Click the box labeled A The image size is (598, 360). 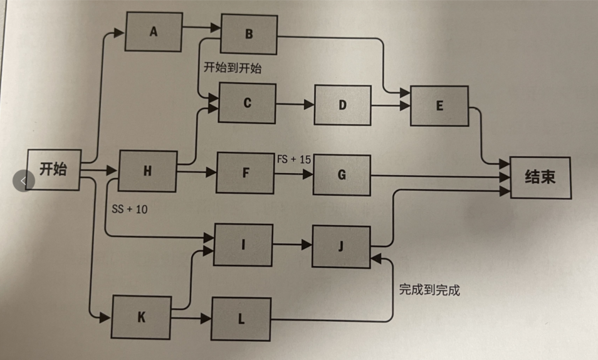pos(154,31)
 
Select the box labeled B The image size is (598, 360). pos(249,34)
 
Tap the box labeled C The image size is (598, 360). pos(247,103)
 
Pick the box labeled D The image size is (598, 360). pos(342,105)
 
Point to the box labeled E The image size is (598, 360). pos(439,106)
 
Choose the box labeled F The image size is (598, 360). pos(245,173)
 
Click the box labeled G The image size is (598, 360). pos(342,174)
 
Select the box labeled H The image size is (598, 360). pos(147,171)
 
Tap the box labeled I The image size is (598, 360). pos(243,245)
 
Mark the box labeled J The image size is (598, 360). pos(340,246)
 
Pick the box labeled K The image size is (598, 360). pos(141,317)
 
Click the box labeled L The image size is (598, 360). pos(241,319)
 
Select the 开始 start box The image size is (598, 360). pos(53,169)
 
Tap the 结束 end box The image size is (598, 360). pos(540,177)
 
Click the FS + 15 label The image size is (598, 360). pos(294,159)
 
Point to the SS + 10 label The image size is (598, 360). pos(130,209)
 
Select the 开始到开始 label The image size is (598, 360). pos(233,68)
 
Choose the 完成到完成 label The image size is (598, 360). pos(429,290)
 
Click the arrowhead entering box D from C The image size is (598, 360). pos(310,105)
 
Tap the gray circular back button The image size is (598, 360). pos(23,181)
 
